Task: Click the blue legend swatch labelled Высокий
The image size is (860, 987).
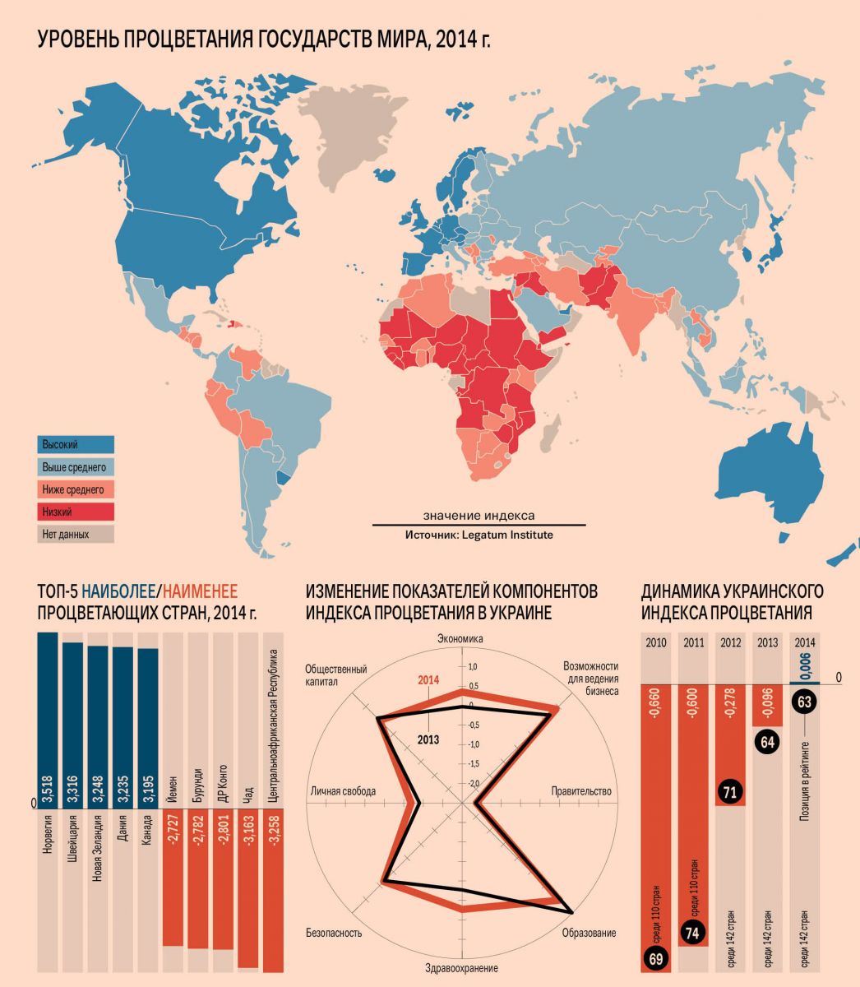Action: click(75, 445)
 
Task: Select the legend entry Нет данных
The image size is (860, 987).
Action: click(75, 534)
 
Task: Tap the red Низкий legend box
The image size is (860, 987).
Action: click(75, 512)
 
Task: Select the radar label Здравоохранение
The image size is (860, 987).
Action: click(460, 969)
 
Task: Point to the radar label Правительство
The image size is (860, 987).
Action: click(581, 791)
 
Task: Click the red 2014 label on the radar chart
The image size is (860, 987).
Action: click(428, 680)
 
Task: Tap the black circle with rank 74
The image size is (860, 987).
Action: click(692, 933)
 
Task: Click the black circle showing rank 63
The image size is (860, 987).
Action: click(804, 702)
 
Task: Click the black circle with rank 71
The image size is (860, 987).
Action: click(730, 792)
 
